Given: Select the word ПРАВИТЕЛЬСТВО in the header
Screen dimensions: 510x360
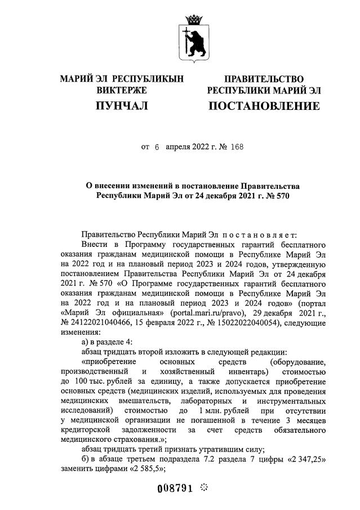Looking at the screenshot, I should coord(264,79).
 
